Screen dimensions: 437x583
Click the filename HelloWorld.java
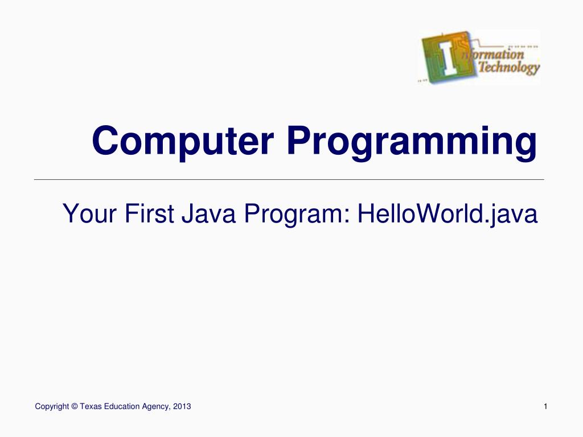[x=447, y=215]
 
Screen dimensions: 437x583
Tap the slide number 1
[x=545, y=406]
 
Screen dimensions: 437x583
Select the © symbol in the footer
[x=75, y=406]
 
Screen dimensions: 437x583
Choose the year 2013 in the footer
[x=182, y=406]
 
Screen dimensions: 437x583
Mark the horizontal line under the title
[x=289, y=179]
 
